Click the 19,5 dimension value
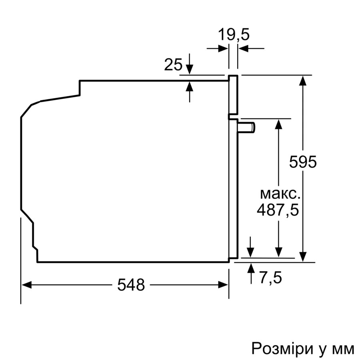(x=233, y=35)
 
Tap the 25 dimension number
(x=173, y=64)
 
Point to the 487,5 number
(x=278, y=210)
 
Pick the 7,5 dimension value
(x=270, y=277)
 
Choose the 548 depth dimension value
(x=131, y=285)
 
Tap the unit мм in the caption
(x=342, y=348)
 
